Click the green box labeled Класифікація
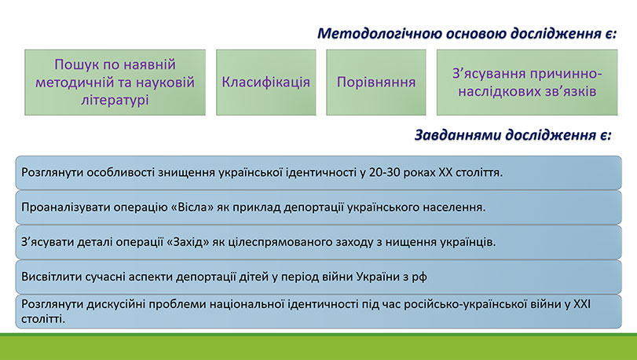(265, 83)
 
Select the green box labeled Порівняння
(375, 83)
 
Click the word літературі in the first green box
(115, 100)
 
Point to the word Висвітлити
(49, 277)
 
